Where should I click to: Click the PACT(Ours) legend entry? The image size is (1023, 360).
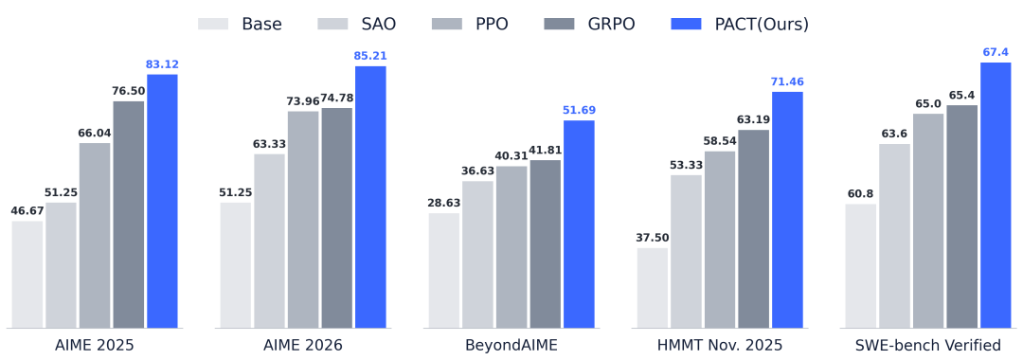[x=740, y=24]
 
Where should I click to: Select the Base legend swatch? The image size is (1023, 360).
[x=213, y=24]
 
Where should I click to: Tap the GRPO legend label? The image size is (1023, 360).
[x=611, y=24]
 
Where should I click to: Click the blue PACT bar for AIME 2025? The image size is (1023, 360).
[x=163, y=201]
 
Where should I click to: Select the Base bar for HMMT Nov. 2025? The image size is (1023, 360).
[x=653, y=288]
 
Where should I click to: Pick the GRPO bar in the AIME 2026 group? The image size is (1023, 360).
[x=336, y=218]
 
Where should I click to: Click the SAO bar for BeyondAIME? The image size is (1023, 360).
[x=477, y=254]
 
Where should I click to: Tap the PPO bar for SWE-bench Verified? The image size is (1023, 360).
[x=927, y=221]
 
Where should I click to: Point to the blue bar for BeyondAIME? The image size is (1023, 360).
[x=579, y=224]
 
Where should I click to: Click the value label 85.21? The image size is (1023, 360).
[x=370, y=56]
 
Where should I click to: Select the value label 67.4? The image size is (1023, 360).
[x=996, y=51]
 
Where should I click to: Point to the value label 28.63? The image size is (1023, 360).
[x=444, y=203]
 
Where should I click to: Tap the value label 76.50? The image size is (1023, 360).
[x=129, y=91]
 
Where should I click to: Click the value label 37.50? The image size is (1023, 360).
[x=653, y=238]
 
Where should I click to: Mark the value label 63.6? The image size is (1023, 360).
[x=894, y=134]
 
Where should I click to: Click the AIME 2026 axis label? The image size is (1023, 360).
[x=303, y=345]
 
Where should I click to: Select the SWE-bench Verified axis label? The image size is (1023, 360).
[x=928, y=345]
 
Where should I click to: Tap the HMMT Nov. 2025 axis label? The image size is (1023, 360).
[x=720, y=345]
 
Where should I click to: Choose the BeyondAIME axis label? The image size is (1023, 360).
[x=511, y=345]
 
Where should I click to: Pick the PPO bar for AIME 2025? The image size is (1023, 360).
[x=95, y=236]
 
